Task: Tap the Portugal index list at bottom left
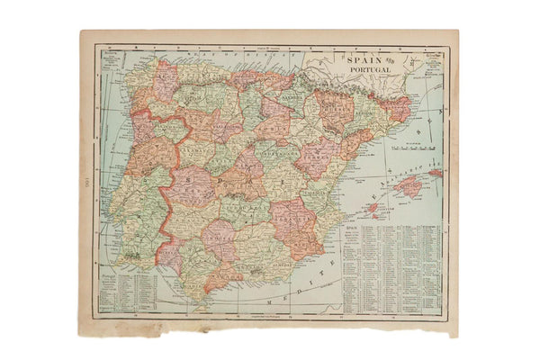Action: click(x=121, y=288)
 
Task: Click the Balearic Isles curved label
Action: click(x=414, y=170)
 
